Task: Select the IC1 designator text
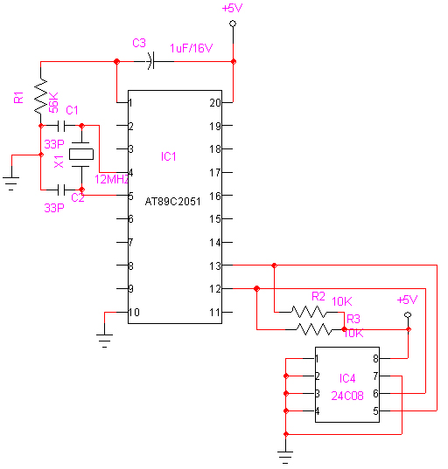click(169, 156)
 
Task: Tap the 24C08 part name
click(347, 394)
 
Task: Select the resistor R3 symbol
click(314, 329)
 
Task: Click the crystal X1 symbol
click(81, 155)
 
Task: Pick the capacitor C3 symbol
click(150, 61)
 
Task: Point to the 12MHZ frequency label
click(112, 179)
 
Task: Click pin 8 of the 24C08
click(376, 358)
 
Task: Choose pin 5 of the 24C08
click(376, 410)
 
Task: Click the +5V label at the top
click(232, 8)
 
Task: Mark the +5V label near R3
click(408, 300)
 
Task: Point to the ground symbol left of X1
click(11, 181)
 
